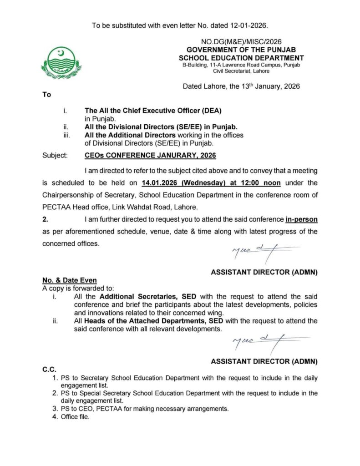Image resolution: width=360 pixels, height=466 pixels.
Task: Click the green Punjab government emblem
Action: [61, 63]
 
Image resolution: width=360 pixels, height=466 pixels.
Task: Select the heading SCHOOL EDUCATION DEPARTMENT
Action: [241, 58]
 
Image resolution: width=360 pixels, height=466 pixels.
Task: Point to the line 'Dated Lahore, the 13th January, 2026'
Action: [241, 86]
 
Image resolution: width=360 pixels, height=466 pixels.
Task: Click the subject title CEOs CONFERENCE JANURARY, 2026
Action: [150, 155]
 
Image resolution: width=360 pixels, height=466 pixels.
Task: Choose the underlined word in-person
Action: [301, 220]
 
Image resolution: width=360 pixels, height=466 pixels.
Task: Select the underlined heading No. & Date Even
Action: [69, 280]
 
